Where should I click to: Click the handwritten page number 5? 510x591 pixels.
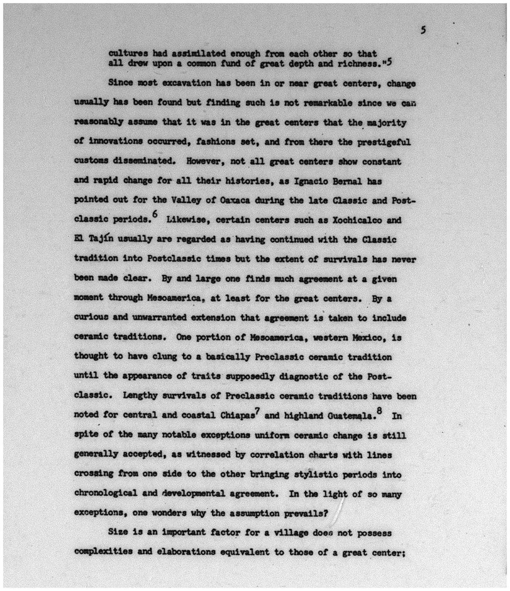coord(423,30)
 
